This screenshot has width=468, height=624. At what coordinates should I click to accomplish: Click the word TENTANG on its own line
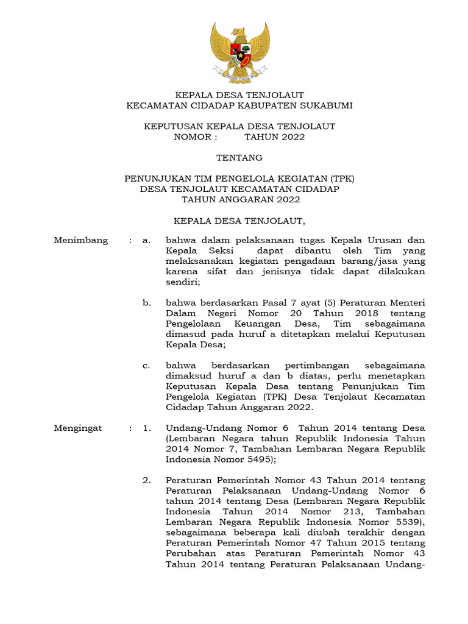239,158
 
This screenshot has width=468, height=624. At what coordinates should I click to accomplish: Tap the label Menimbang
81,240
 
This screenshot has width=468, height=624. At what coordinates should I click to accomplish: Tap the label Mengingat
78,428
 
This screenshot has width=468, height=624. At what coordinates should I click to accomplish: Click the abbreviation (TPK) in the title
342,179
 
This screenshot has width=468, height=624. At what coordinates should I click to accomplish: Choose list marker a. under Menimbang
146,240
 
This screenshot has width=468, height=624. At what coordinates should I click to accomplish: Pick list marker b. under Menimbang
146,303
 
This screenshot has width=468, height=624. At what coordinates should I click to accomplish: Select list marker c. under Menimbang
146,366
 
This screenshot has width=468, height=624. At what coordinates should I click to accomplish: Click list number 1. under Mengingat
146,428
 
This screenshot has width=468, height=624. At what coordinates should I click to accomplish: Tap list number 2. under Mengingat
146,481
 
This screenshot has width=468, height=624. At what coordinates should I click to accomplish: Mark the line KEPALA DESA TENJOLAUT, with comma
239,220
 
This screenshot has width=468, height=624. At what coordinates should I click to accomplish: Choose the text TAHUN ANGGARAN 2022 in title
239,199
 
